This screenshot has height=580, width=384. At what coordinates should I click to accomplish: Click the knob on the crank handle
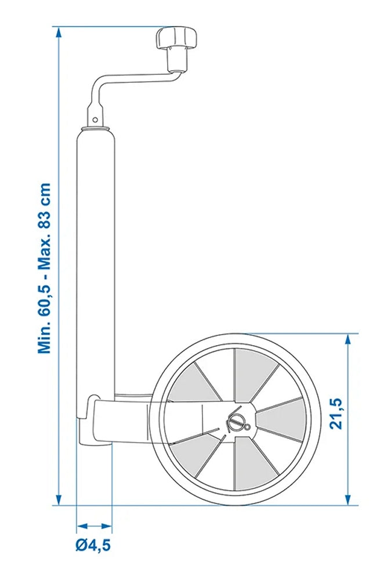[x=176, y=39]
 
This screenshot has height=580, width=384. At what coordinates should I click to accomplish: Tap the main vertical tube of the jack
[x=96, y=261]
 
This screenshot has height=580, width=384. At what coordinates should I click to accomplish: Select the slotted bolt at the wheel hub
[x=236, y=422]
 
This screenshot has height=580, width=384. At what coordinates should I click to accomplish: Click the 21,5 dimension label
[x=335, y=414]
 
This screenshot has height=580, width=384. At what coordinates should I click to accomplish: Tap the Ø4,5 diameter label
[x=93, y=545]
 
